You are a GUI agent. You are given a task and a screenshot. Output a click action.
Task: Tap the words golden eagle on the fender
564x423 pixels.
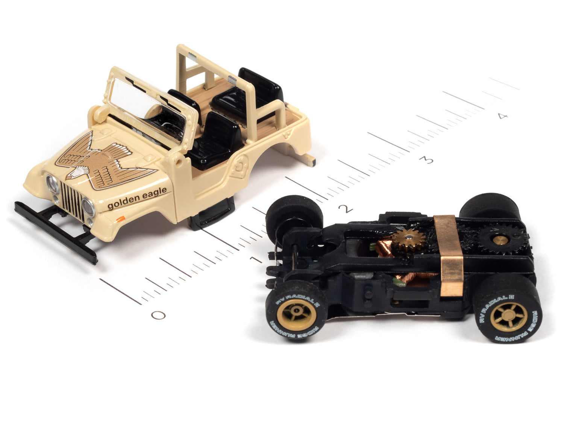[x=137, y=199]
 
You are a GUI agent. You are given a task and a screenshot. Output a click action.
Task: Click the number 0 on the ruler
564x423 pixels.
[x=158, y=315]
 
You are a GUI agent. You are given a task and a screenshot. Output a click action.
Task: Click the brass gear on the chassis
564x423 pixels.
[x=408, y=241]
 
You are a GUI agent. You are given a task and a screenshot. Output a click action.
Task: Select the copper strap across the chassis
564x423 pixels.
[x=449, y=256]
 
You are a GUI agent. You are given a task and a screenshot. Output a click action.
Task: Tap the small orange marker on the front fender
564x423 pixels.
[x=121, y=218]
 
